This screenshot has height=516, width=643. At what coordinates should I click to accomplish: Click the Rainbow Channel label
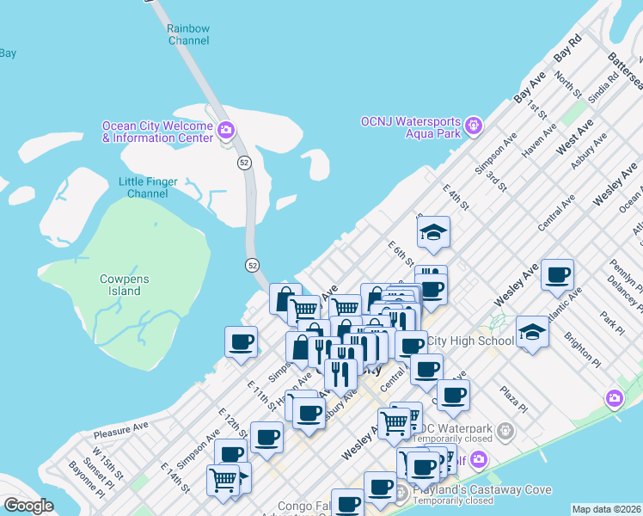187,34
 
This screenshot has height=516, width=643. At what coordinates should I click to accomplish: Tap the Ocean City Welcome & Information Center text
157,132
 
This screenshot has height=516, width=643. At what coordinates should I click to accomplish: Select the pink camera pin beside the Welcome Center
226,131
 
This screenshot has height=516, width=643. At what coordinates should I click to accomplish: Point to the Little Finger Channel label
148,187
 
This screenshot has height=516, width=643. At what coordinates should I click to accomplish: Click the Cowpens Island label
132,285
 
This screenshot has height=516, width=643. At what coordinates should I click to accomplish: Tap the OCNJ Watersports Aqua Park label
410,126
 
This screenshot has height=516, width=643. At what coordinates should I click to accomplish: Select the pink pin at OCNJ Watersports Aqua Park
473,127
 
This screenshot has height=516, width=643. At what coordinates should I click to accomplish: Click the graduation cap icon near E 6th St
433,233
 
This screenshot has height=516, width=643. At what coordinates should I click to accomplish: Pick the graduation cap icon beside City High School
532,332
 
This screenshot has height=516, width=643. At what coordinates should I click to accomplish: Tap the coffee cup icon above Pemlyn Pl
557,274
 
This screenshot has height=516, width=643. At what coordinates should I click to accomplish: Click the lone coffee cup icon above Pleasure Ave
241,341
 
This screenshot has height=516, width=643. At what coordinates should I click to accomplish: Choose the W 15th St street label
109,464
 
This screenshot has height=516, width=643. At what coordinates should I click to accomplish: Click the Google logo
28,506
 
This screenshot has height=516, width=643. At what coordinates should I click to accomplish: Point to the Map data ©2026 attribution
606,509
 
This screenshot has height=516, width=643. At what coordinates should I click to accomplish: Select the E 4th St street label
455,197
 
